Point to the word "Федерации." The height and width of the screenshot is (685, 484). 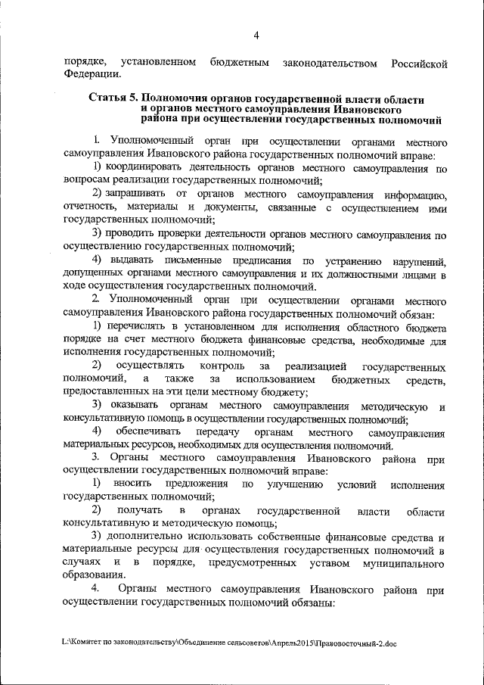click(92, 73)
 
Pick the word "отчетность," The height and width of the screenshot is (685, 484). click(93, 207)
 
